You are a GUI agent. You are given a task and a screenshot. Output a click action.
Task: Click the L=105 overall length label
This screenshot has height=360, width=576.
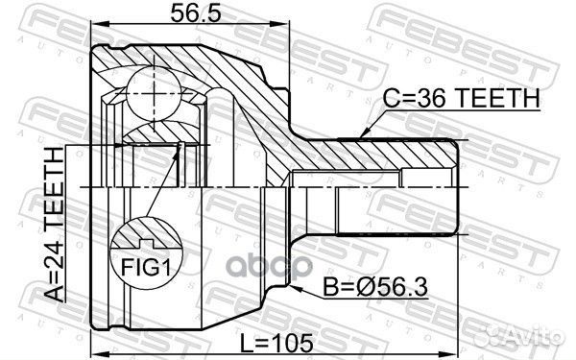(285, 341)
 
